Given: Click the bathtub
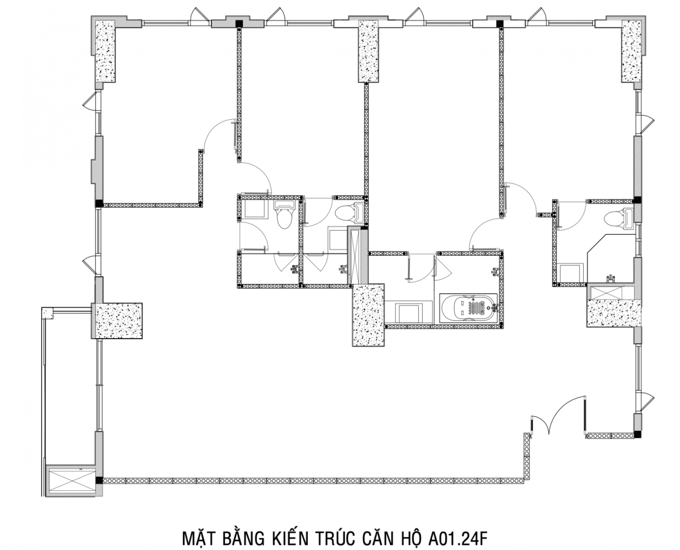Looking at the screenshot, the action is point(469,309).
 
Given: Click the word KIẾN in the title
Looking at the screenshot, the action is point(290,530).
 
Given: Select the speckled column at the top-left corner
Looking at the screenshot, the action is point(105,51).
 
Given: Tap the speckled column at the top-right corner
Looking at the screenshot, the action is point(631,51).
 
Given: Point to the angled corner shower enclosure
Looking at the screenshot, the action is point(610,259).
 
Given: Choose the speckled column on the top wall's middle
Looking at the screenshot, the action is point(368,51).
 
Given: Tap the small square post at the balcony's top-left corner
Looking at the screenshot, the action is point(48,313).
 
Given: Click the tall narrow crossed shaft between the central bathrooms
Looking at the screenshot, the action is point(355,255).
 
